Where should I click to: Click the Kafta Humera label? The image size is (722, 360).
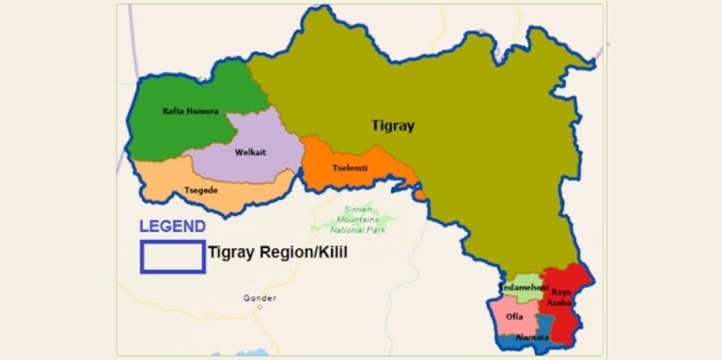[191, 111]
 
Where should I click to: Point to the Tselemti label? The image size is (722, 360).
[349, 168]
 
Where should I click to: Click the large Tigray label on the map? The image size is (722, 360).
[392, 125]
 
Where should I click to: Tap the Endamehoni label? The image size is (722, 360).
[524, 286]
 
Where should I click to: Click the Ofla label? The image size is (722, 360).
[514, 316]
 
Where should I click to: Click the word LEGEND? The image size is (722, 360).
[172, 227]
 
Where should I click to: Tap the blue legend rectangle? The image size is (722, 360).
[172, 256]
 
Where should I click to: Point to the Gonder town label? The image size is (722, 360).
[259, 298]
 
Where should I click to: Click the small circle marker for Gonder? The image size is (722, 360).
[259, 307]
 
